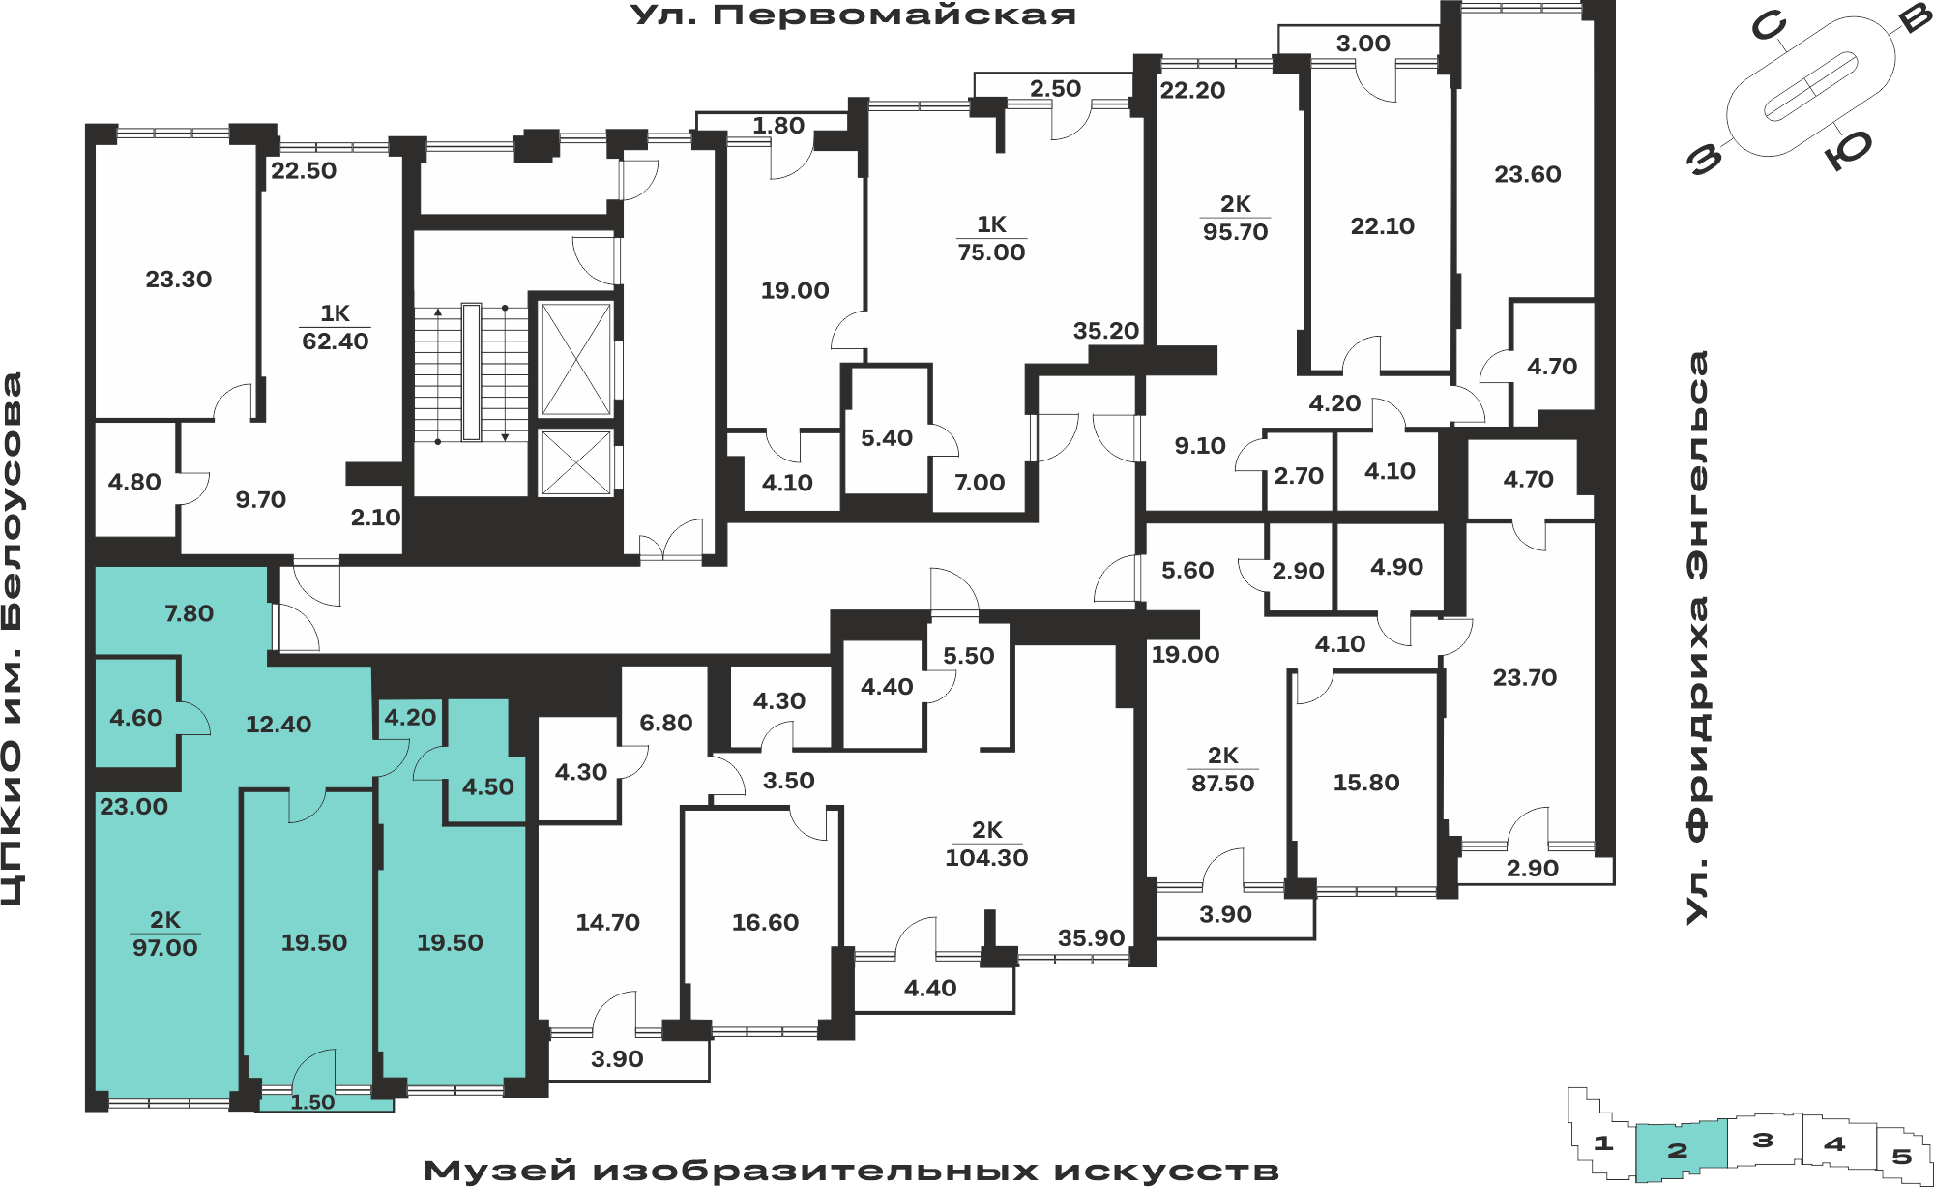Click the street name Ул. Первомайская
click(853, 15)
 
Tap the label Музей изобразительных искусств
click(851, 1171)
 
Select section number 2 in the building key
click(1678, 1151)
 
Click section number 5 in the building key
click(1901, 1156)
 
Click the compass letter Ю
click(1848, 150)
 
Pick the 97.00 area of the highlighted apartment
click(165, 947)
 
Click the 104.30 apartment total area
click(986, 857)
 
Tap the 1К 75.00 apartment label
click(991, 238)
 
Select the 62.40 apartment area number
click(336, 341)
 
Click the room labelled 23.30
click(179, 280)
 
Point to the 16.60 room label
click(765, 923)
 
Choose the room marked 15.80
click(1366, 783)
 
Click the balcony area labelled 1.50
click(312, 1102)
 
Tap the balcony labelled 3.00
click(1363, 44)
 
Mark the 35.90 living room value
click(1091, 937)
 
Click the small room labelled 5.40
click(887, 438)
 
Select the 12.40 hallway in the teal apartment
click(278, 725)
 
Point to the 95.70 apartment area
click(1235, 232)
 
